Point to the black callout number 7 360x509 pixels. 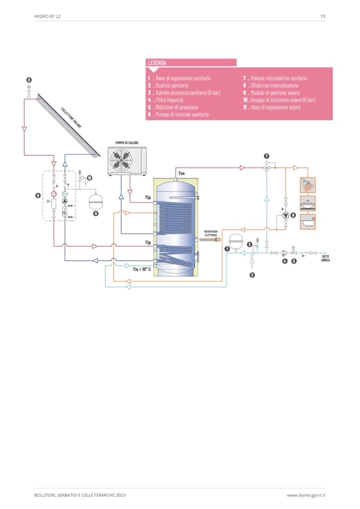[x=266, y=157]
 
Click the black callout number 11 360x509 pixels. [x=96, y=213]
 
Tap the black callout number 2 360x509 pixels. [x=252, y=275]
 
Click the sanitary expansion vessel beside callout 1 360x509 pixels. [x=235, y=238]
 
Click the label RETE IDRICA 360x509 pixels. [x=325, y=258]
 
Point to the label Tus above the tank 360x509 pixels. [x=181, y=173]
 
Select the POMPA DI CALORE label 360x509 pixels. [x=127, y=143]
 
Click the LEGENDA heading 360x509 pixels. [x=157, y=63]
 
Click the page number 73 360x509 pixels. [x=322, y=16]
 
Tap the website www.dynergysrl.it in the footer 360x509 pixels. [x=306, y=495]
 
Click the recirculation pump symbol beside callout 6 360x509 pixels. [x=286, y=215]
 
